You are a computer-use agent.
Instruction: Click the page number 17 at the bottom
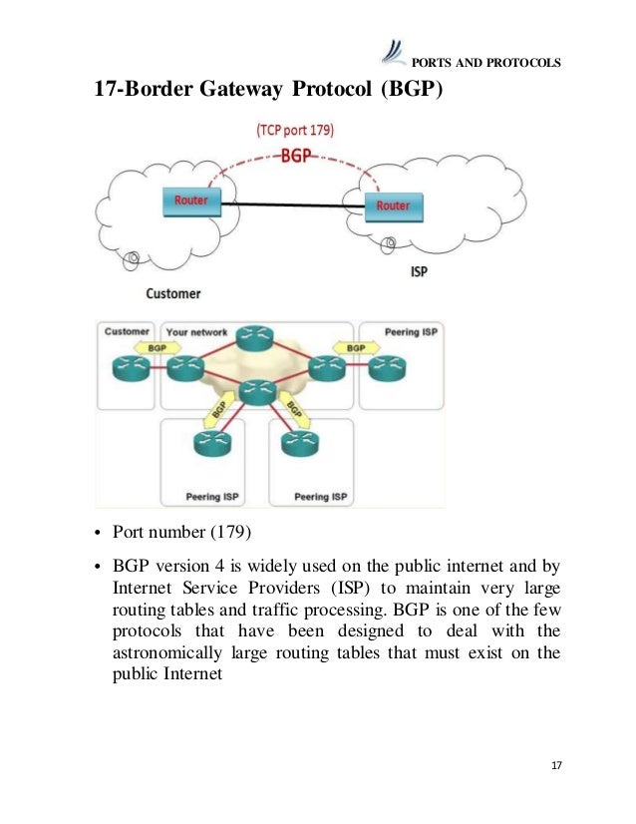click(x=556, y=765)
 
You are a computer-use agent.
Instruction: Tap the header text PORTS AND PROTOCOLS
click(x=486, y=63)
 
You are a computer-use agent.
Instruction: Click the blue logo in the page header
click(x=394, y=52)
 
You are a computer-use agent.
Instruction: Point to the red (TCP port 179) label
click(x=294, y=130)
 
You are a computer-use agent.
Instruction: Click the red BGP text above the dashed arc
click(x=295, y=156)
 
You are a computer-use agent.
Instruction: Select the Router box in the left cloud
click(x=191, y=201)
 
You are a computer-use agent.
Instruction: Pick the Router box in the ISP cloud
click(x=393, y=206)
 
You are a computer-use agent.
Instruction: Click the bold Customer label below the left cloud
click(x=173, y=293)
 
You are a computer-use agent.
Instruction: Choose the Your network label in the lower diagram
click(x=196, y=332)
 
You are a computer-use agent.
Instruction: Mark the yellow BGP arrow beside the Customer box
click(x=157, y=348)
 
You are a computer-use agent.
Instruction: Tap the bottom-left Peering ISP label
click(x=210, y=495)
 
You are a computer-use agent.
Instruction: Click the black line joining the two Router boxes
click(x=291, y=204)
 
